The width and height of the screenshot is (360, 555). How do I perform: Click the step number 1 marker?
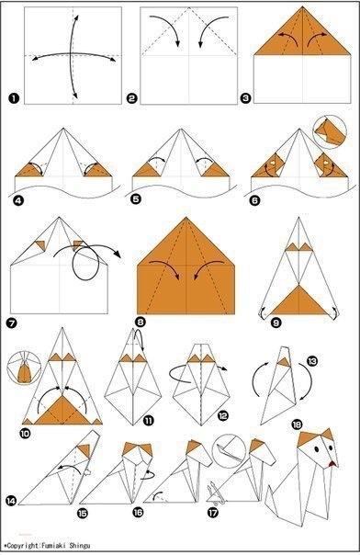pyautogui.click(x=14, y=97)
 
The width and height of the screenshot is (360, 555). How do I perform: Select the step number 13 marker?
pyautogui.click(x=312, y=361)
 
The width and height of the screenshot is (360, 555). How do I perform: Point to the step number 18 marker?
pyautogui.click(x=297, y=424)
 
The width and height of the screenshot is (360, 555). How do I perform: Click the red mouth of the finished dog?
pyautogui.click(x=332, y=464)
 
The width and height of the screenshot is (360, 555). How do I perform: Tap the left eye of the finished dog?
pyautogui.click(x=316, y=448)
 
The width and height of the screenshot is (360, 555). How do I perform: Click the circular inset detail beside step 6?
pyautogui.click(x=330, y=131)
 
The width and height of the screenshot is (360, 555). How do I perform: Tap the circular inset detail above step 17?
pyautogui.click(x=229, y=450)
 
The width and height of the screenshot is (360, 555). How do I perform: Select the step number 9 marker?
pyautogui.click(x=276, y=323)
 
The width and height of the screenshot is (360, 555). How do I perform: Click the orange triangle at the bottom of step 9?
pyautogui.click(x=299, y=302)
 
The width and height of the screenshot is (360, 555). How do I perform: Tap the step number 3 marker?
pyautogui.click(x=245, y=97)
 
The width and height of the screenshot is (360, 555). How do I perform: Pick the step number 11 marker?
pyautogui.click(x=149, y=420)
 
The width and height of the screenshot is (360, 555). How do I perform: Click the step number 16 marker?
pyautogui.click(x=138, y=512)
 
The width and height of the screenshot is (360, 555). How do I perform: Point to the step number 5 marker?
pyautogui.click(x=135, y=198)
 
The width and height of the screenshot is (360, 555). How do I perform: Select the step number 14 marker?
pyautogui.click(x=11, y=501)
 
